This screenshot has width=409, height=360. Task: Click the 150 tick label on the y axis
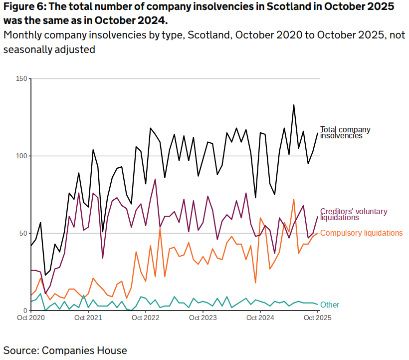click(21, 79)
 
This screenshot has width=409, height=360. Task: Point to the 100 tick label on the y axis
click(21, 156)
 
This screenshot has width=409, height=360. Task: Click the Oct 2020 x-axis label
click(31, 318)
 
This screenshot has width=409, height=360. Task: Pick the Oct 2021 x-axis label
click(88, 318)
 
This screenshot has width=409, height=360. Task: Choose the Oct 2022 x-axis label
click(145, 318)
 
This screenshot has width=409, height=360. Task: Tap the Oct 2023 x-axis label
click(203, 318)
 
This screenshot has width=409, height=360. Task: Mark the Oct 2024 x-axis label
click(260, 318)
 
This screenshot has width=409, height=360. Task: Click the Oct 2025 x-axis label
click(317, 318)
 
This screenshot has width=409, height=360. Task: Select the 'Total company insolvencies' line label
click(345, 132)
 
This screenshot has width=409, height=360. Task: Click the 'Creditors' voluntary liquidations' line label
click(353, 215)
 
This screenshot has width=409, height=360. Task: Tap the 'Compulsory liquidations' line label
click(361, 233)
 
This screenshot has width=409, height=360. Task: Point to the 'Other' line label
click(330, 305)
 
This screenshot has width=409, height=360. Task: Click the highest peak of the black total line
click(294, 105)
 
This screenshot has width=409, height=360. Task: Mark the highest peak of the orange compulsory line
click(294, 199)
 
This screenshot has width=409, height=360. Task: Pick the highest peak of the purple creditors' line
click(155, 179)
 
